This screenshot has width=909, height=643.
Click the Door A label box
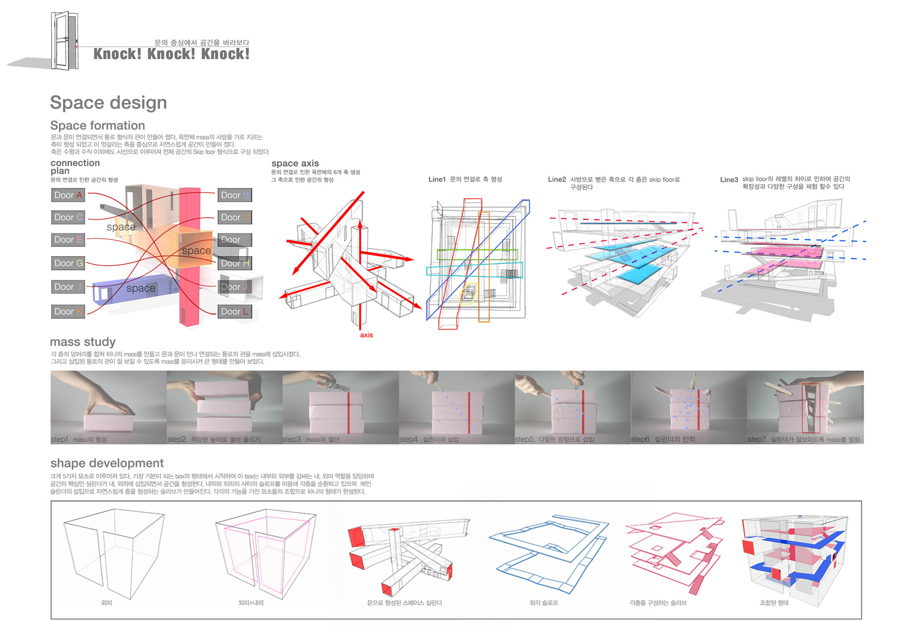click(x=68, y=195)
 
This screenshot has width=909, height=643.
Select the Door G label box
click(x=68, y=263)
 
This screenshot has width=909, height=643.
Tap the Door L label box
click(x=234, y=312)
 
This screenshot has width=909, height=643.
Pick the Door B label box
click(x=234, y=195)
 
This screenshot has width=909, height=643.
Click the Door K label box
click(x=68, y=312)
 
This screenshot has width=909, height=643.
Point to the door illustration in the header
click(x=65, y=41)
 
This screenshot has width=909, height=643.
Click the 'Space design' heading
click(x=108, y=103)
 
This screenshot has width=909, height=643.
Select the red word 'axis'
click(x=366, y=335)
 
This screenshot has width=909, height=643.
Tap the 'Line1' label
click(x=437, y=179)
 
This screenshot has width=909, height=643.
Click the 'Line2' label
click(x=557, y=179)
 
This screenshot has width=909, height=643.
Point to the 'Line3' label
click(x=729, y=180)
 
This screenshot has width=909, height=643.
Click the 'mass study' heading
click(x=83, y=342)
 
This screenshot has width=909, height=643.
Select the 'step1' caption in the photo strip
click(x=60, y=439)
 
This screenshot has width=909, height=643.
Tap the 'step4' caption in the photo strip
click(x=408, y=439)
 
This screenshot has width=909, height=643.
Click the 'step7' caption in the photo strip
click(x=756, y=439)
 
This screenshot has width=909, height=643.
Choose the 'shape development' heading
click(x=107, y=463)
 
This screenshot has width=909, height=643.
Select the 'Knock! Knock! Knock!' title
click(x=171, y=54)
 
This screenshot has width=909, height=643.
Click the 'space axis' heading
click(x=295, y=163)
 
